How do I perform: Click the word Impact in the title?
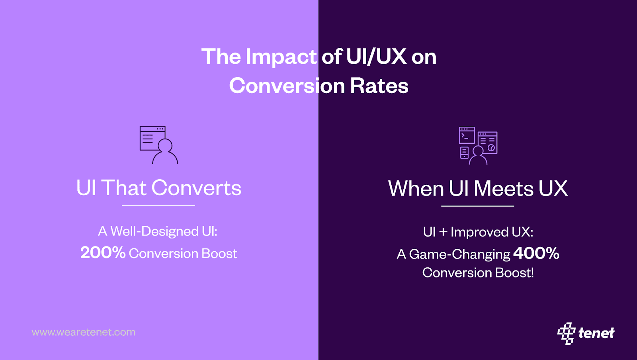[x=281, y=57]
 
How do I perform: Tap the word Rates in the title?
[x=379, y=86]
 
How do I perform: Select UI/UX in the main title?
[x=376, y=57]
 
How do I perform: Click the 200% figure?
[x=103, y=253]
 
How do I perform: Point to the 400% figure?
[x=536, y=253]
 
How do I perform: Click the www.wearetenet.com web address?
[x=84, y=332]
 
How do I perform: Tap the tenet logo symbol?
[x=566, y=333]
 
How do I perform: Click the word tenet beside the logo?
[x=596, y=333]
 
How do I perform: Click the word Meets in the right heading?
[x=503, y=188]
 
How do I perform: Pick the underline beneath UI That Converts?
[x=158, y=205]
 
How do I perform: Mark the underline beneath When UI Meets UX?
[x=478, y=206]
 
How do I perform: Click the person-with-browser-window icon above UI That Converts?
[x=158, y=145]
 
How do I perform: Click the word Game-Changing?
[x=459, y=254]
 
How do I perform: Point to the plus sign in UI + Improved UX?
[x=443, y=232]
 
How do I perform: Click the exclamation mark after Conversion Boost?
[x=531, y=273]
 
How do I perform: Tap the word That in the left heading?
[x=124, y=188]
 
